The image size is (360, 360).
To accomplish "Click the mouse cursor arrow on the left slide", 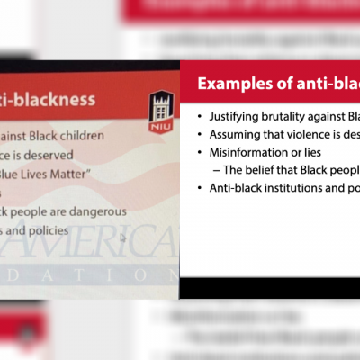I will tap(122, 238).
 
